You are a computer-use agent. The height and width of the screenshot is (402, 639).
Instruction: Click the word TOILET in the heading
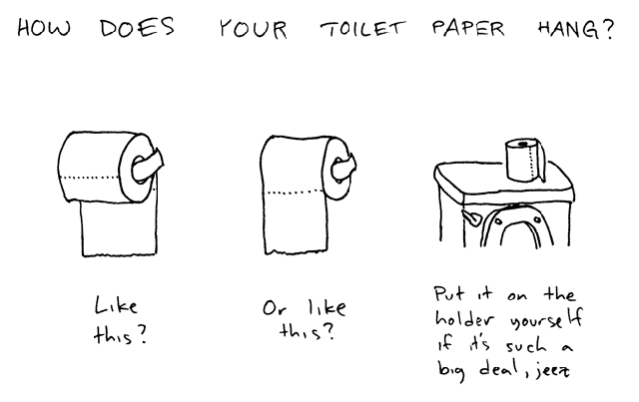point(362,29)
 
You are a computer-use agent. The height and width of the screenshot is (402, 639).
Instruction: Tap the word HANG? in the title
point(575,29)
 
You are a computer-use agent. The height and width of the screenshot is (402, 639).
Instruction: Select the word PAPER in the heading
point(468,28)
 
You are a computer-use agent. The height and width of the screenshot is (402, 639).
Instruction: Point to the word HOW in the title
point(44,28)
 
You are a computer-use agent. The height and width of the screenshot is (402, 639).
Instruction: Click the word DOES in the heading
point(137,28)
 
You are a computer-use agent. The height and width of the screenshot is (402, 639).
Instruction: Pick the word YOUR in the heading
point(253,29)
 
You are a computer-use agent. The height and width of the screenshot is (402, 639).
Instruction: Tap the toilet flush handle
point(471,217)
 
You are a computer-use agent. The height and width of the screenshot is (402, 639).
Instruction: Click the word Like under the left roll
point(116,305)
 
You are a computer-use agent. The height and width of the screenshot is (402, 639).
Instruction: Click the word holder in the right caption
point(465,318)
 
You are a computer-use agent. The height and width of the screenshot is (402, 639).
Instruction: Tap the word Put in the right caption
point(448,293)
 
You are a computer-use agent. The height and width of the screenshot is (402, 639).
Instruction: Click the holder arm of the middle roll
point(343,167)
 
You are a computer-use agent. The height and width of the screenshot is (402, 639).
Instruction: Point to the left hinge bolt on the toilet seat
point(498,222)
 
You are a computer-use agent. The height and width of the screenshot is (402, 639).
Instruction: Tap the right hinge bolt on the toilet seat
point(537,220)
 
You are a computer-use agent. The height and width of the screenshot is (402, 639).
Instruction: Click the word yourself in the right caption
point(546,318)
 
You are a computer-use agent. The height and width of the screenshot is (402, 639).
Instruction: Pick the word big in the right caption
point(450,370)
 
